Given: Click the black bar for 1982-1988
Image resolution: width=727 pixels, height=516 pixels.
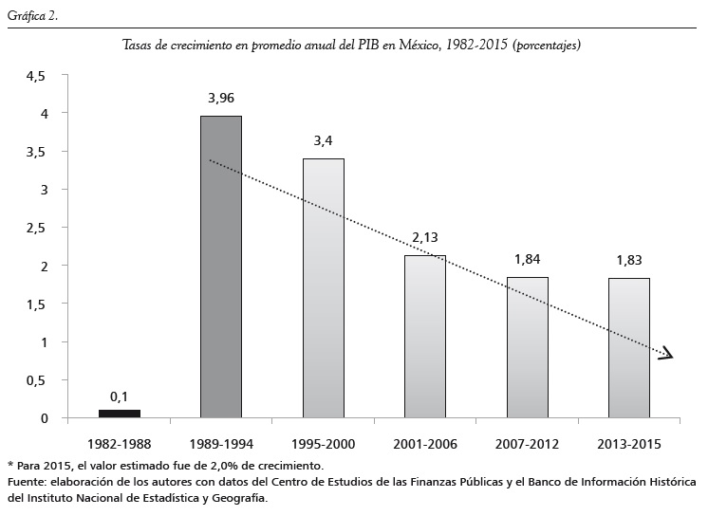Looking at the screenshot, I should click(x=120, y=413).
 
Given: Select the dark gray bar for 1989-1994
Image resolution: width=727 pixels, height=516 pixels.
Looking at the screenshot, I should click(x=221, y=267).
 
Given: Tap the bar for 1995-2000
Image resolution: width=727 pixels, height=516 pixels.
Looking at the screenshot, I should click(x=323, y=287).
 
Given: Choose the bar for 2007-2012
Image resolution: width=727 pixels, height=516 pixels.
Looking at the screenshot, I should click(x=527, y=347).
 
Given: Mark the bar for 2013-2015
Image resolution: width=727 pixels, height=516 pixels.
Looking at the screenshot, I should click(x=628, y=347).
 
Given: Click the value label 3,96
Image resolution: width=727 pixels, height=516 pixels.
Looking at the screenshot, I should click(x=221, y=97).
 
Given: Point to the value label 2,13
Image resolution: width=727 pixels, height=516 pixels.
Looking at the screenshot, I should click(x=425, y=237).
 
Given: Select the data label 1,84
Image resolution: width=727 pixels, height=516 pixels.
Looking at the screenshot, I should click(x=527, y=259).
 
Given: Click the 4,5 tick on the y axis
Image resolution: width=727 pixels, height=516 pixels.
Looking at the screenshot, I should click(x=36, y=76).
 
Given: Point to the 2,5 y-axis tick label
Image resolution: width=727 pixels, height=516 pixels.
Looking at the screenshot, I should click(x=36, y=228).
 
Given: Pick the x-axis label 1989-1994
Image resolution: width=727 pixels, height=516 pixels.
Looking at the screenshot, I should click(x=221, y=443).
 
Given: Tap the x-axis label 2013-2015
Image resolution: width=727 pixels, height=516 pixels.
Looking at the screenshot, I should click(x=628, y=443).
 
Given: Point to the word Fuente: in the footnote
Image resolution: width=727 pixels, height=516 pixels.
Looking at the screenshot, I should click(x=28, y=482).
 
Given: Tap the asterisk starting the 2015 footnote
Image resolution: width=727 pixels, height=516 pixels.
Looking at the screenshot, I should click(x=9, y=465).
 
